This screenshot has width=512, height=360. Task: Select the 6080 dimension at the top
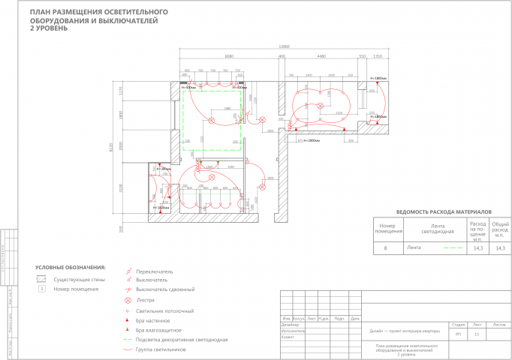coord(229,55)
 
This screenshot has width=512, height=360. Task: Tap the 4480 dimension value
coord(321,55)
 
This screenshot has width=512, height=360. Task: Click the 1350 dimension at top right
coord(378,55)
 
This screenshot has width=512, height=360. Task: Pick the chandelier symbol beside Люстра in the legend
coord(128,300)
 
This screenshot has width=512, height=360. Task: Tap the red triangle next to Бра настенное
coord(128,320)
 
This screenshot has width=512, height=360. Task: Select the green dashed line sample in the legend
coord(128,340)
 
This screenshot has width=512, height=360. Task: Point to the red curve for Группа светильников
coord(128,349)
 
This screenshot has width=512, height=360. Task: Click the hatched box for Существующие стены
coord(43,279)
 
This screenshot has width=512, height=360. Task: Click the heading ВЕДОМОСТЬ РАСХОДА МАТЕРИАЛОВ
coord(442,211)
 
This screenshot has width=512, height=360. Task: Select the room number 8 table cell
coord(387,247)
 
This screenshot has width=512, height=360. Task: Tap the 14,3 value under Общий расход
coord(500,247)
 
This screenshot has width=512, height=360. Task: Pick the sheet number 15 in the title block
coord(477,333)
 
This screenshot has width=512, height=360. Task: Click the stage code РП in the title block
coord(459,333)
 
